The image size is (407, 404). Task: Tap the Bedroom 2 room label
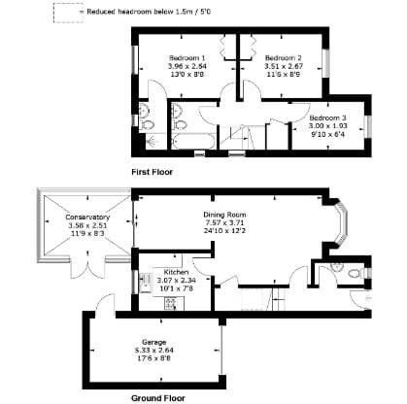pyautogui.click(x=284, y=57)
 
